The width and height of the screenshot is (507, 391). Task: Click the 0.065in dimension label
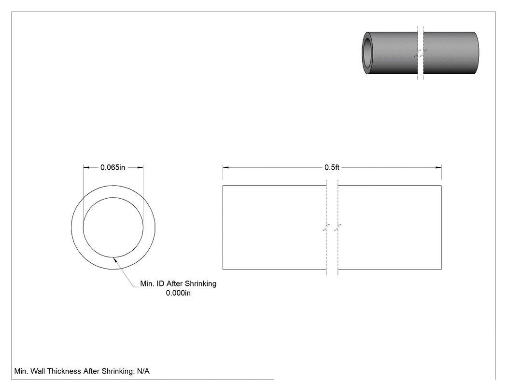coord(113,167)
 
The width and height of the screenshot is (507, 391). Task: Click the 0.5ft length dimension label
coord(332,167)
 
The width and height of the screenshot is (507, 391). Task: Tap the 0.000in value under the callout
coord(178,293)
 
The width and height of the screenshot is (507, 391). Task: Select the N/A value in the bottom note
coord(143,371)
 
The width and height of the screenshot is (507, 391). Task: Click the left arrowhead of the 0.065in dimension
coord(86,167)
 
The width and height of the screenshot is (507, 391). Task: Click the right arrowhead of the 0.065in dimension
coord(141,167)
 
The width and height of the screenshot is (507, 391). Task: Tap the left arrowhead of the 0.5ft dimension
coord(225,167)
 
